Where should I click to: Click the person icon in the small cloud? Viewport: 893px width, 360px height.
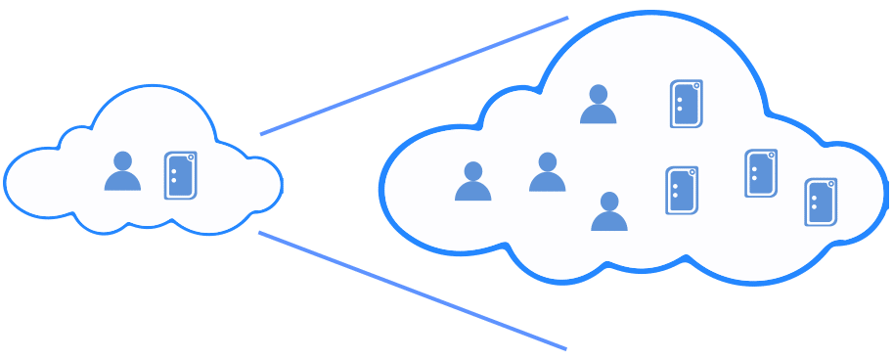(x=122, y=172)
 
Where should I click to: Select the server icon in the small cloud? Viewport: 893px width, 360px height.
(x=180, y=175)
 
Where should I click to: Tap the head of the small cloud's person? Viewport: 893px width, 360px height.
(x=122, y=160)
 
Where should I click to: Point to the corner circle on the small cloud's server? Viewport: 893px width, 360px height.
(x=192, y=157)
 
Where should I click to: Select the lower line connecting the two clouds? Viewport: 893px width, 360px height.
(x=412, y=291)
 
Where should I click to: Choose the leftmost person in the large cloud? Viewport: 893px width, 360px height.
(x=472, y=182)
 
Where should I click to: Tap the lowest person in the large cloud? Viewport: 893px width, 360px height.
(x=608, y=212)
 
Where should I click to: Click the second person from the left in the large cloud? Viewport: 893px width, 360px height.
(x=547, y=173)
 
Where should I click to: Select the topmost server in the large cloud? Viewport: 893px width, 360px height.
(x=686, y=104)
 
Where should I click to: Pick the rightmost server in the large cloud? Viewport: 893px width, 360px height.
(x=821, y=202)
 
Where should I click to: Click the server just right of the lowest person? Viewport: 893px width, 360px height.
(x=682, y=190)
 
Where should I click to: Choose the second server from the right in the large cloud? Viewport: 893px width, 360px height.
(x=760, y=173)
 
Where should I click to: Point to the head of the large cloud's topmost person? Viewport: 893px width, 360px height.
(x=598, y=94)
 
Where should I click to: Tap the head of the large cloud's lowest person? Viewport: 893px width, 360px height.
(x=608, y=201)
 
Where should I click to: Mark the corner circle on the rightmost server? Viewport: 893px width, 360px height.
(x=832, y=183)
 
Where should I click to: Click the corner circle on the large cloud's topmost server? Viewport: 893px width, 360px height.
(x=697, y=85)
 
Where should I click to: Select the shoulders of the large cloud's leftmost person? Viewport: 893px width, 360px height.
(x=472, y=191)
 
